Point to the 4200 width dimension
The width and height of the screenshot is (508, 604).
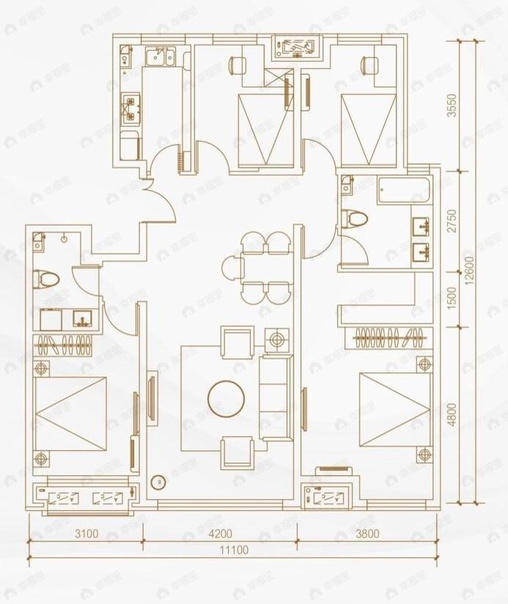pyautogui.click(x=219, y=534)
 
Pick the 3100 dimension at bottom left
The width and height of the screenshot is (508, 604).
pyautogui.click(x=86, y=534)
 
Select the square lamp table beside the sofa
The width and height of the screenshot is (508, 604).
pyautogui.click(x=276, y=340)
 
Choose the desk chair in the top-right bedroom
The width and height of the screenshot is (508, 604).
pyautogui.click(x=365, y=65)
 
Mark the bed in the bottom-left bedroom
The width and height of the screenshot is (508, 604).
pyautogui.click(x=71, y=415)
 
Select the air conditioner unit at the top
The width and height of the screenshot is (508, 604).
pyautogui.click(x=297, y=47)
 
